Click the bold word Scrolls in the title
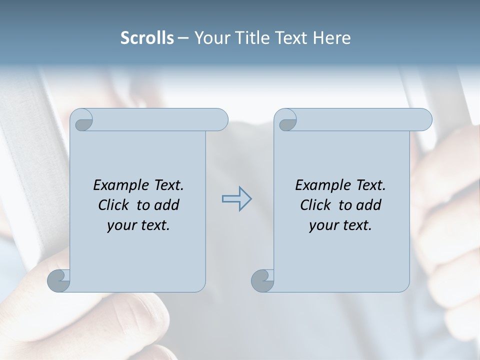pyautogui.click(x=147, y=38)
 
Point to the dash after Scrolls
pyautogui.click(x=183, y=38)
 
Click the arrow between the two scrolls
pyautogui.click(x=236, y=199)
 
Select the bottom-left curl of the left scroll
pyautogui.click(x=58, y=280)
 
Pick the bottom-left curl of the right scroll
pyautogui.click(x=262, y=280)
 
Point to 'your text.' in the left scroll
pyautogui.click(x=138, y=225)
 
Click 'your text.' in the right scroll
pyautogui.click(x=340, y=225)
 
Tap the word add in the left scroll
pyautogui.click(x=167, y=205)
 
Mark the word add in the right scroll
pyautogui.click(x=369, y=205)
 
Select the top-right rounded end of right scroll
pyautogui.click(x=424, y=120)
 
